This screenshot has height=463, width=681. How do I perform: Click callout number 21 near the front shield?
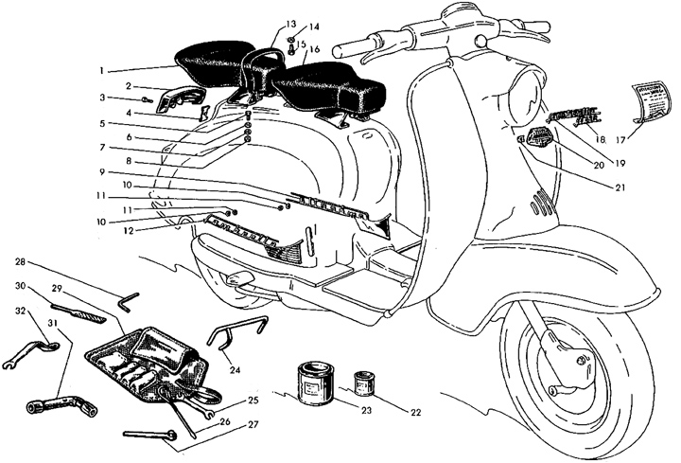pyautogui.click(x=593, y=187)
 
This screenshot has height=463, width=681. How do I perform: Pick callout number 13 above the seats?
pyautogui.click(x=290, y=23)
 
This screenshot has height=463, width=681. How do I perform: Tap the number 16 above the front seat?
pyautogui.click(x=314, y=48)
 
